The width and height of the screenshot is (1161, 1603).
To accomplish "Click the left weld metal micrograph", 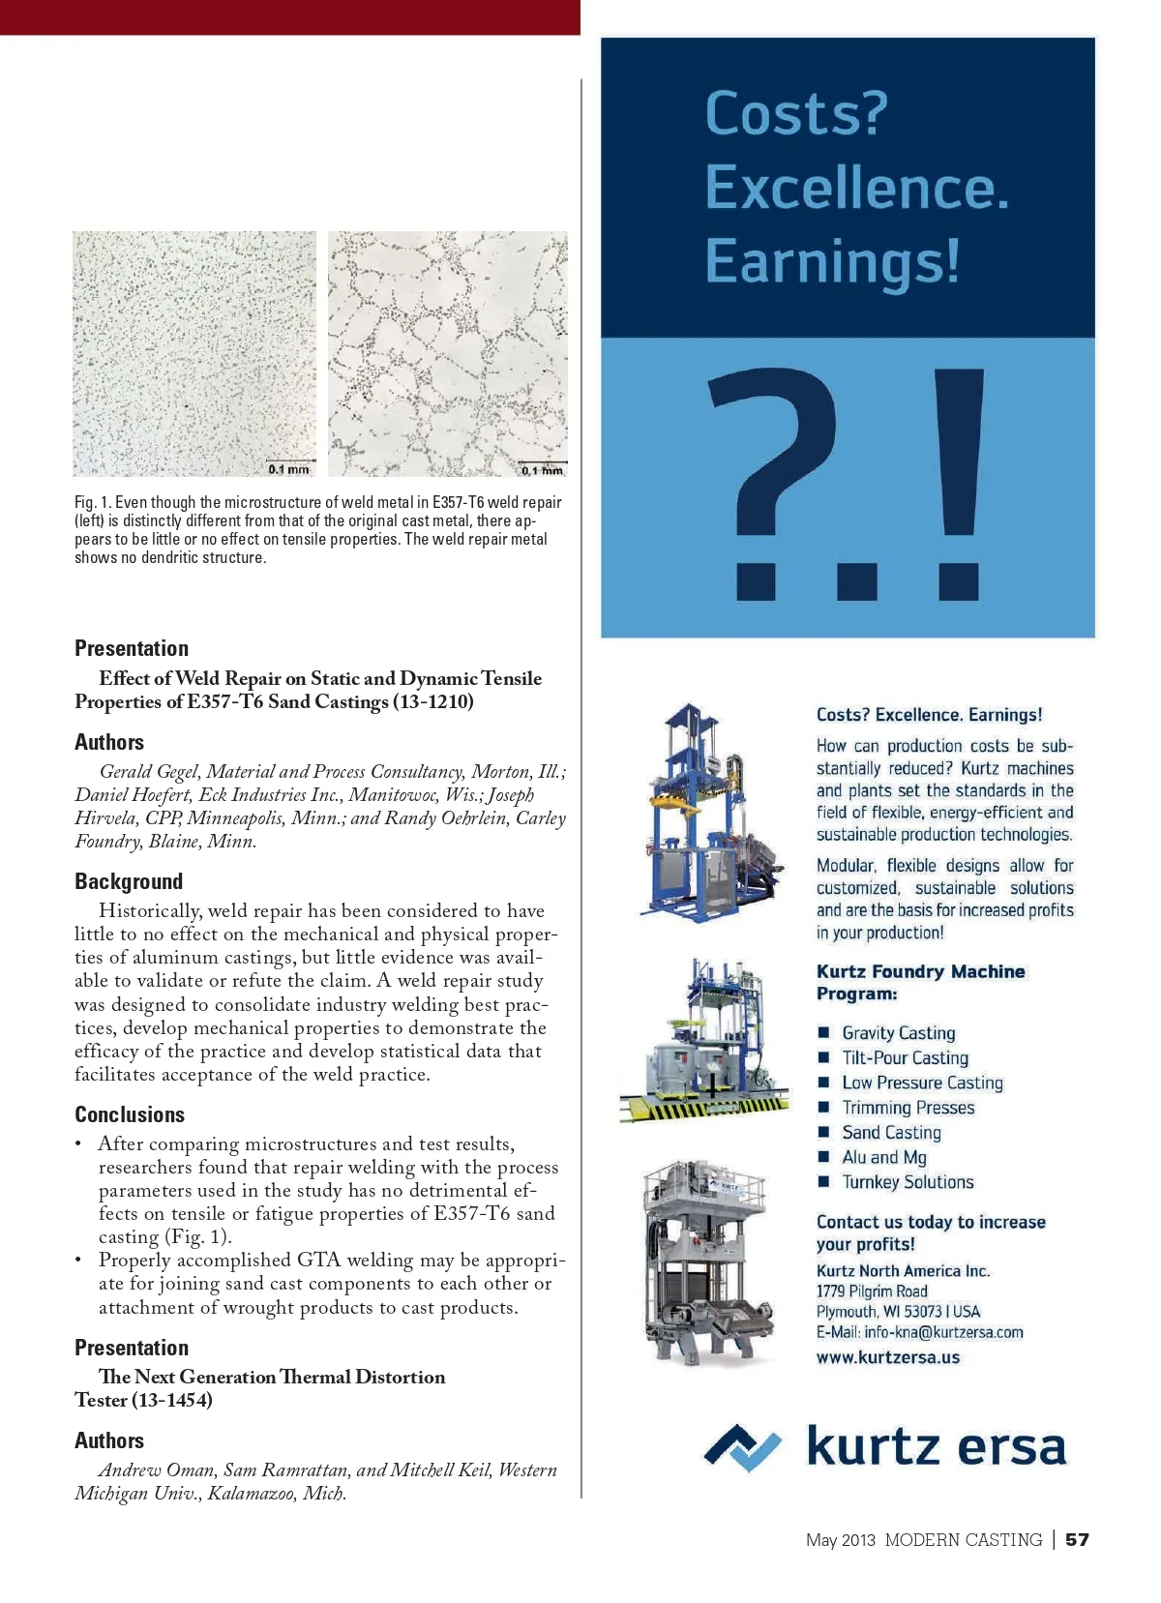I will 194,353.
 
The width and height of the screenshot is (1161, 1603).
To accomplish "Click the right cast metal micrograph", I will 447,353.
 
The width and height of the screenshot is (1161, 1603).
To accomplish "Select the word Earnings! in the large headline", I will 832,261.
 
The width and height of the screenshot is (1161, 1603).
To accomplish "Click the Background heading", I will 129,881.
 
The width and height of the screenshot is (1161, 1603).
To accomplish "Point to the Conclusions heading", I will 130,1114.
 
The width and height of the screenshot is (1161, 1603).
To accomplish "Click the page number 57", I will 1077,1539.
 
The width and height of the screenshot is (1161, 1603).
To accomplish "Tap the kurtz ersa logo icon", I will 742,1447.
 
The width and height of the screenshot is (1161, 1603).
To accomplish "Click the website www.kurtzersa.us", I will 888,1357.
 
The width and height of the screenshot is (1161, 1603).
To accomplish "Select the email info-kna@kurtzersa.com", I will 943,1332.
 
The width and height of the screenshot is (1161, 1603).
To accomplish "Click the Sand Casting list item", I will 891,1133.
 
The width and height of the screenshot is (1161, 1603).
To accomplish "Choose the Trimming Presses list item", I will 908,1108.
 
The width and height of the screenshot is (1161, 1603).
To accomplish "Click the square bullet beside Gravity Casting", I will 824,1032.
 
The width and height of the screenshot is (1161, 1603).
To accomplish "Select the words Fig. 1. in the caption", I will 93,503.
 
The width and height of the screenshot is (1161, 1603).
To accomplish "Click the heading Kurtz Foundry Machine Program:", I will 920,982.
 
